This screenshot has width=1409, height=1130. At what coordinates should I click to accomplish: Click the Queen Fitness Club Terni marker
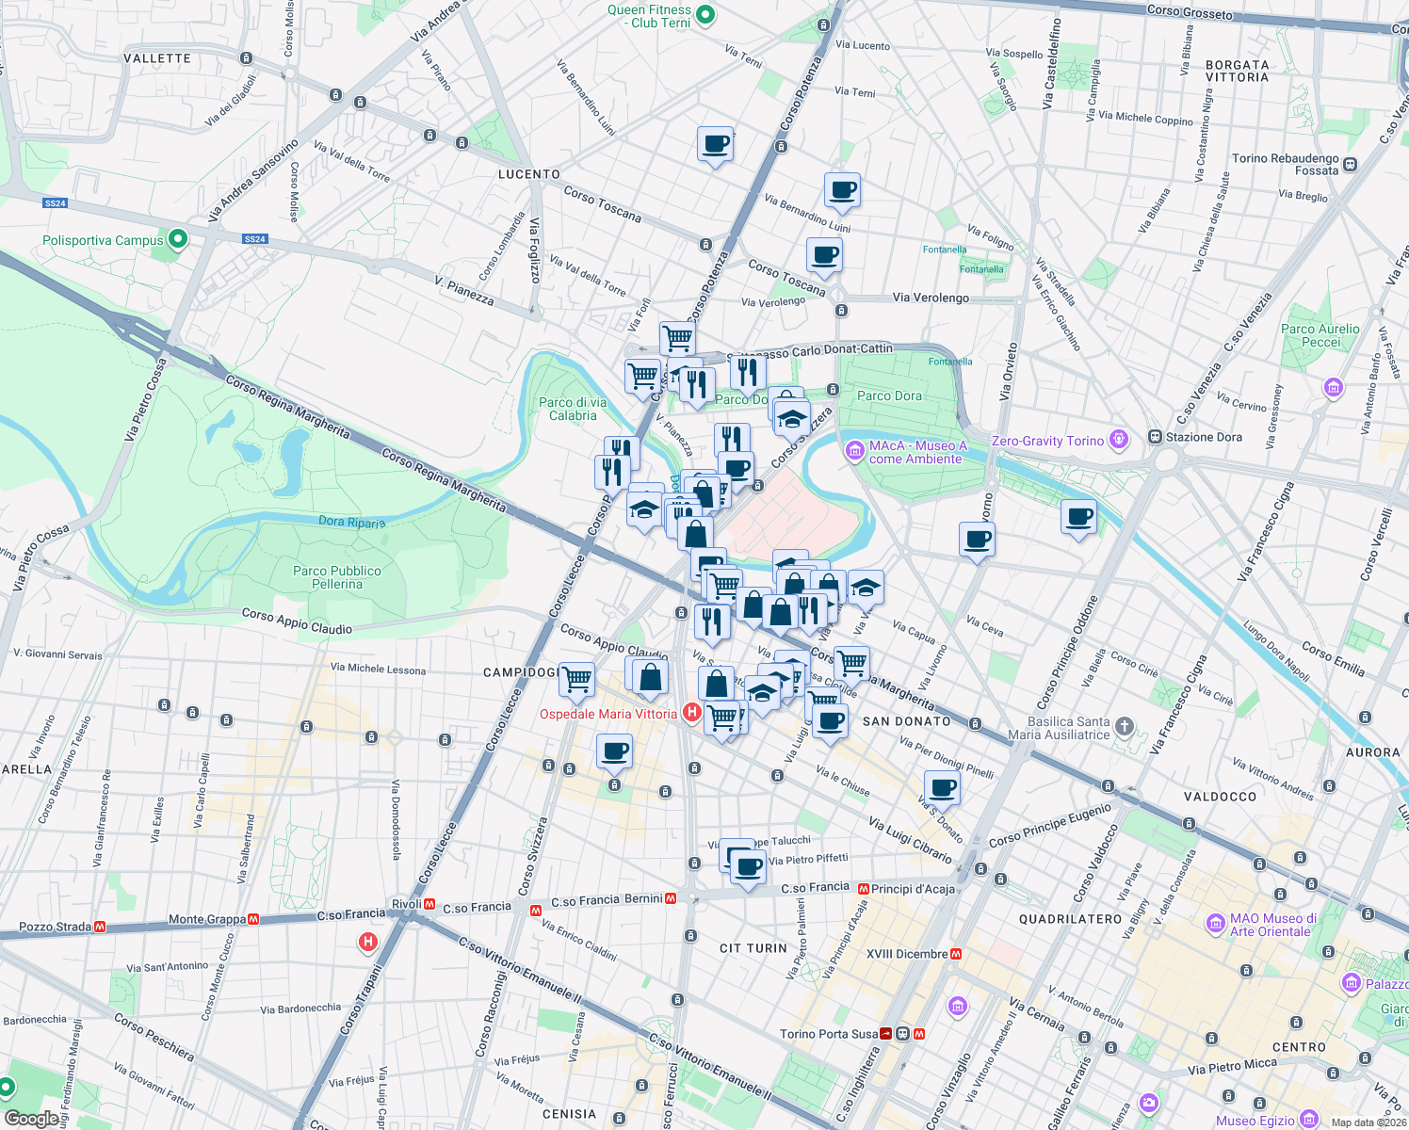(706, 15)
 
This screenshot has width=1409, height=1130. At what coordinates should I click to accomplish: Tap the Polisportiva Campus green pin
(177, 239)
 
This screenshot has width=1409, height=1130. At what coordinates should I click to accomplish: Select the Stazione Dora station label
(1203, 437)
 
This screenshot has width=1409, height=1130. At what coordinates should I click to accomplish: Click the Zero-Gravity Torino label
(1047, 441)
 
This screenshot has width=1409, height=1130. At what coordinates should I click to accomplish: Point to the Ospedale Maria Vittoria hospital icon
(691, 713)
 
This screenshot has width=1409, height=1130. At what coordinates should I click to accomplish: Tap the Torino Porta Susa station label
(829, 1034)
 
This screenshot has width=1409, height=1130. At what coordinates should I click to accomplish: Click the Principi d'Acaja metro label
(913, 888)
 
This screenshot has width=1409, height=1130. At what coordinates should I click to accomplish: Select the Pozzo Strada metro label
(55, 927)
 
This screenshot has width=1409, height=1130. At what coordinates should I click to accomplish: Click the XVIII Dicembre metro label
(907, 954)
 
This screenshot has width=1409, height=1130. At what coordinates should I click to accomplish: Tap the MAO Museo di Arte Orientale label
(1272, 925)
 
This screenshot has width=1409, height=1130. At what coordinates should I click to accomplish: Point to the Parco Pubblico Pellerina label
(337, 577)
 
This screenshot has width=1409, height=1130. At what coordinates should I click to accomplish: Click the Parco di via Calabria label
(573, 409)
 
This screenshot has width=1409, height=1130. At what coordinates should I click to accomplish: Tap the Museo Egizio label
(1256, 1121)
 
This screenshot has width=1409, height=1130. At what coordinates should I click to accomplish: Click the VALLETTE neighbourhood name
(157, 58)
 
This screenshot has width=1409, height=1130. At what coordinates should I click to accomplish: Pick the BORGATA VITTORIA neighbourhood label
(1237, 72)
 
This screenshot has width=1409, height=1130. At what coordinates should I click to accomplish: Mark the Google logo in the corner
(31, 1119)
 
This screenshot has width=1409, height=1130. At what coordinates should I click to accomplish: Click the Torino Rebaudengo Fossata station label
(1286, 164)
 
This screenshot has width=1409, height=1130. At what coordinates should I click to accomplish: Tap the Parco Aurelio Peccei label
(1320, 335)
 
